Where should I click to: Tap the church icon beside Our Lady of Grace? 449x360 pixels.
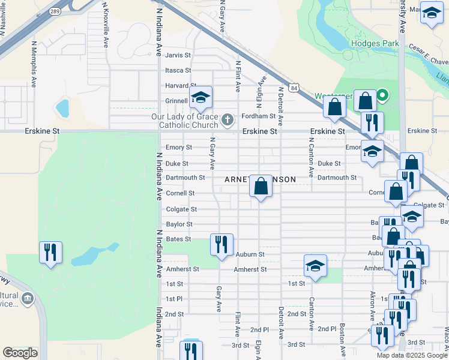pos(227,120)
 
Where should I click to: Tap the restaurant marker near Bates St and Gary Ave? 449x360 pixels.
pos(221,245)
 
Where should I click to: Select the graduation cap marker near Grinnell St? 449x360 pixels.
pos(201,98)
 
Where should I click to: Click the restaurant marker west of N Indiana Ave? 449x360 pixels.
pos(50,252)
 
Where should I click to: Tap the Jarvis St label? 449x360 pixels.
pos(178,55)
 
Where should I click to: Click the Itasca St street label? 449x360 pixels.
pos(178,70)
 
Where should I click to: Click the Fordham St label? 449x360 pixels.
pos(258,116)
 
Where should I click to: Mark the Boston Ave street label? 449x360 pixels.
pos(342,339)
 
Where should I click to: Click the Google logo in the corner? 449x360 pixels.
pos(20,353)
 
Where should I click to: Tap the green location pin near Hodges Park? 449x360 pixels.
pos(381,95)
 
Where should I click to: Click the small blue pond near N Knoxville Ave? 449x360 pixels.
pos(62,109)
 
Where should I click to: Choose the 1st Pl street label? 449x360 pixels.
pos(174,299)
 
